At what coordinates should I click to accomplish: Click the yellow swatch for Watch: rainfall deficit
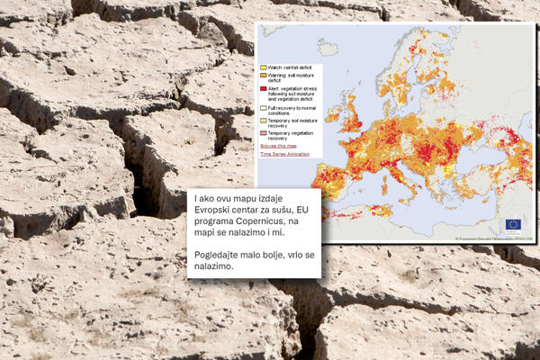pyautogui.click(x=263, y=67)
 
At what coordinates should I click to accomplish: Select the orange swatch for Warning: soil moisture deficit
pyautogui.click(x=263, y=76)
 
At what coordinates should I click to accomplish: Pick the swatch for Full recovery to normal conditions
pyautogui.click(x=263, y=108)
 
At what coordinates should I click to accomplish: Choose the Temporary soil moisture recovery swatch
pyautogui.click(x=263, y=121)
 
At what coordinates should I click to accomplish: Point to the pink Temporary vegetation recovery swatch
pyautogui.click(x=263, y=133)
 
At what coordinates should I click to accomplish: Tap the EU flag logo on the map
pyautogui.click(x=513, y=224)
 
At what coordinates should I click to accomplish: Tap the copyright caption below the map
pyautogui.click(x=496, y=238)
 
